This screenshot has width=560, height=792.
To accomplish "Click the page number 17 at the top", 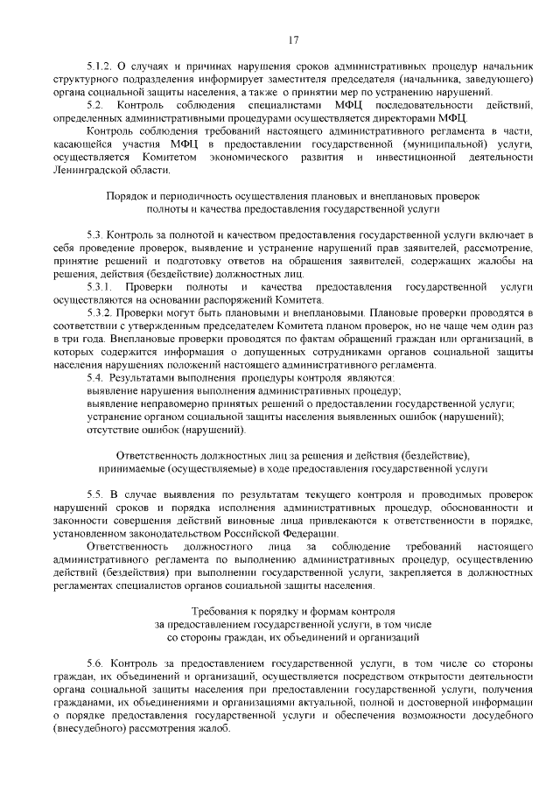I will tap(292, 38).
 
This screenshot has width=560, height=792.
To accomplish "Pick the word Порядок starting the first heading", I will tap(125, 197).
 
